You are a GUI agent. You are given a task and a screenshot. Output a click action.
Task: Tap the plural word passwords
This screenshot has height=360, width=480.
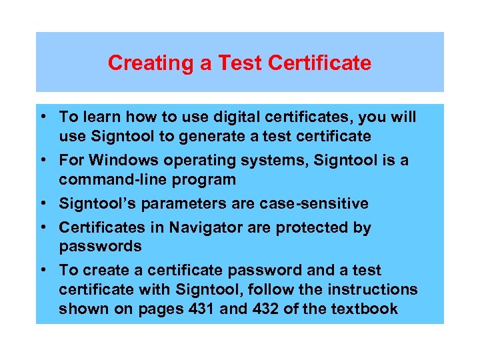coord(100,246)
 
